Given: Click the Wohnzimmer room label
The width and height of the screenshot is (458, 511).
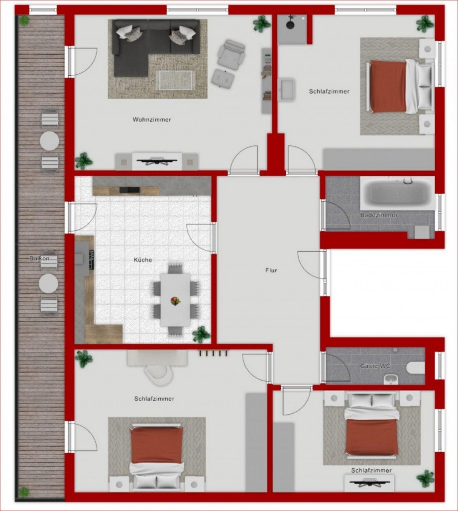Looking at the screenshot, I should coord(152,120).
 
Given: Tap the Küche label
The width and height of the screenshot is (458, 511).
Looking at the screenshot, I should coord(143,259).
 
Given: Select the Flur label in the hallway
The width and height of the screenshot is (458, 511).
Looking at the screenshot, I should coord(271,270).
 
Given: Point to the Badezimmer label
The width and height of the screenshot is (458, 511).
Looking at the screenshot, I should coord(379,215).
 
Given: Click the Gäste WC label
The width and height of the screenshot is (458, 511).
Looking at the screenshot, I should coord(375,366).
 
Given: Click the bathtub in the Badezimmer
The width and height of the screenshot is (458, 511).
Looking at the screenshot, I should coord(397,194).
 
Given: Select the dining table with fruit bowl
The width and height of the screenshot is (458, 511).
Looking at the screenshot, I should coord(175,300).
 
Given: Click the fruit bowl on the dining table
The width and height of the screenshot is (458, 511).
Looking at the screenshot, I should coord(175,300).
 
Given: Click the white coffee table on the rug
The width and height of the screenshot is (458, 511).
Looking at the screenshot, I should coord(175,80).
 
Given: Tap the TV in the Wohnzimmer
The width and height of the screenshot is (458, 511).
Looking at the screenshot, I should coord(157,161).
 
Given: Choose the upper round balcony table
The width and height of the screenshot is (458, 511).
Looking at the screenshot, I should coord(49,140).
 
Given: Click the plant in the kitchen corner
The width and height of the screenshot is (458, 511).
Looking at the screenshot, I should coord(201,334).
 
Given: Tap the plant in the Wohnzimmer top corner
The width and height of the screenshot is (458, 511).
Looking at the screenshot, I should coord(261,23).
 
